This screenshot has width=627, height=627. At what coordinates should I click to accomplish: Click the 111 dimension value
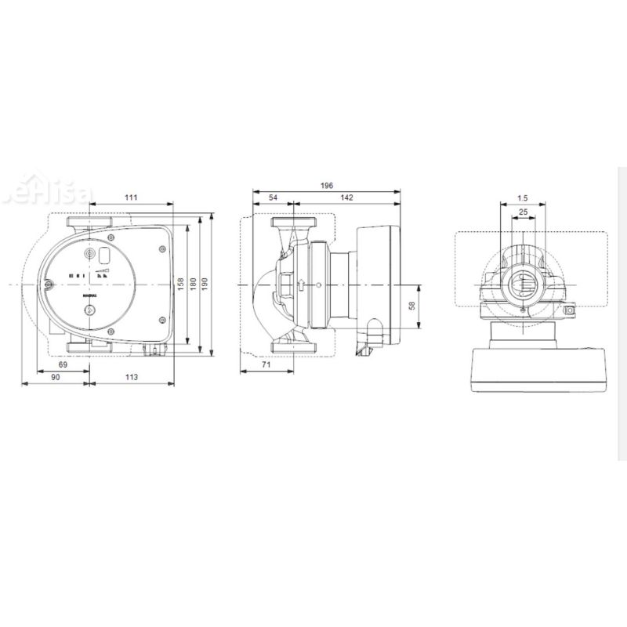click(x=131, y=198)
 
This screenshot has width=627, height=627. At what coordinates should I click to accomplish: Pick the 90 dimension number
click(x=55, y=378)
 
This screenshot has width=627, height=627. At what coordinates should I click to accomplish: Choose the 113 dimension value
click(x=131, y=378)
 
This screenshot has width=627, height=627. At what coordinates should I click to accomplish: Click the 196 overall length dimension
click(x=326, y=186)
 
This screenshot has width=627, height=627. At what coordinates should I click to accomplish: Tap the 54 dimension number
click(x=273, y=198)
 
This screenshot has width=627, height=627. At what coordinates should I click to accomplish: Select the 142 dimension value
click(x=346, y=198)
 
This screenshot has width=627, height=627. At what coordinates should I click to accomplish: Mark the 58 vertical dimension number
click(x=412, y=305)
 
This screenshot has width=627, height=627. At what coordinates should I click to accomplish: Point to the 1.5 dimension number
click(x=523, y=198)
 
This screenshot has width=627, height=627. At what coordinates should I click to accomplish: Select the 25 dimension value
click(x=523, y=212)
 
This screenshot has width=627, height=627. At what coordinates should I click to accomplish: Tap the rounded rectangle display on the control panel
click(x=104, y=255)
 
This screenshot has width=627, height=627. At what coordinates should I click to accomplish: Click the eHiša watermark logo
click(x=63, y=193)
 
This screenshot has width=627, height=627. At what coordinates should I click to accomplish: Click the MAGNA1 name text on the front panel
click(x=89, y=296)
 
